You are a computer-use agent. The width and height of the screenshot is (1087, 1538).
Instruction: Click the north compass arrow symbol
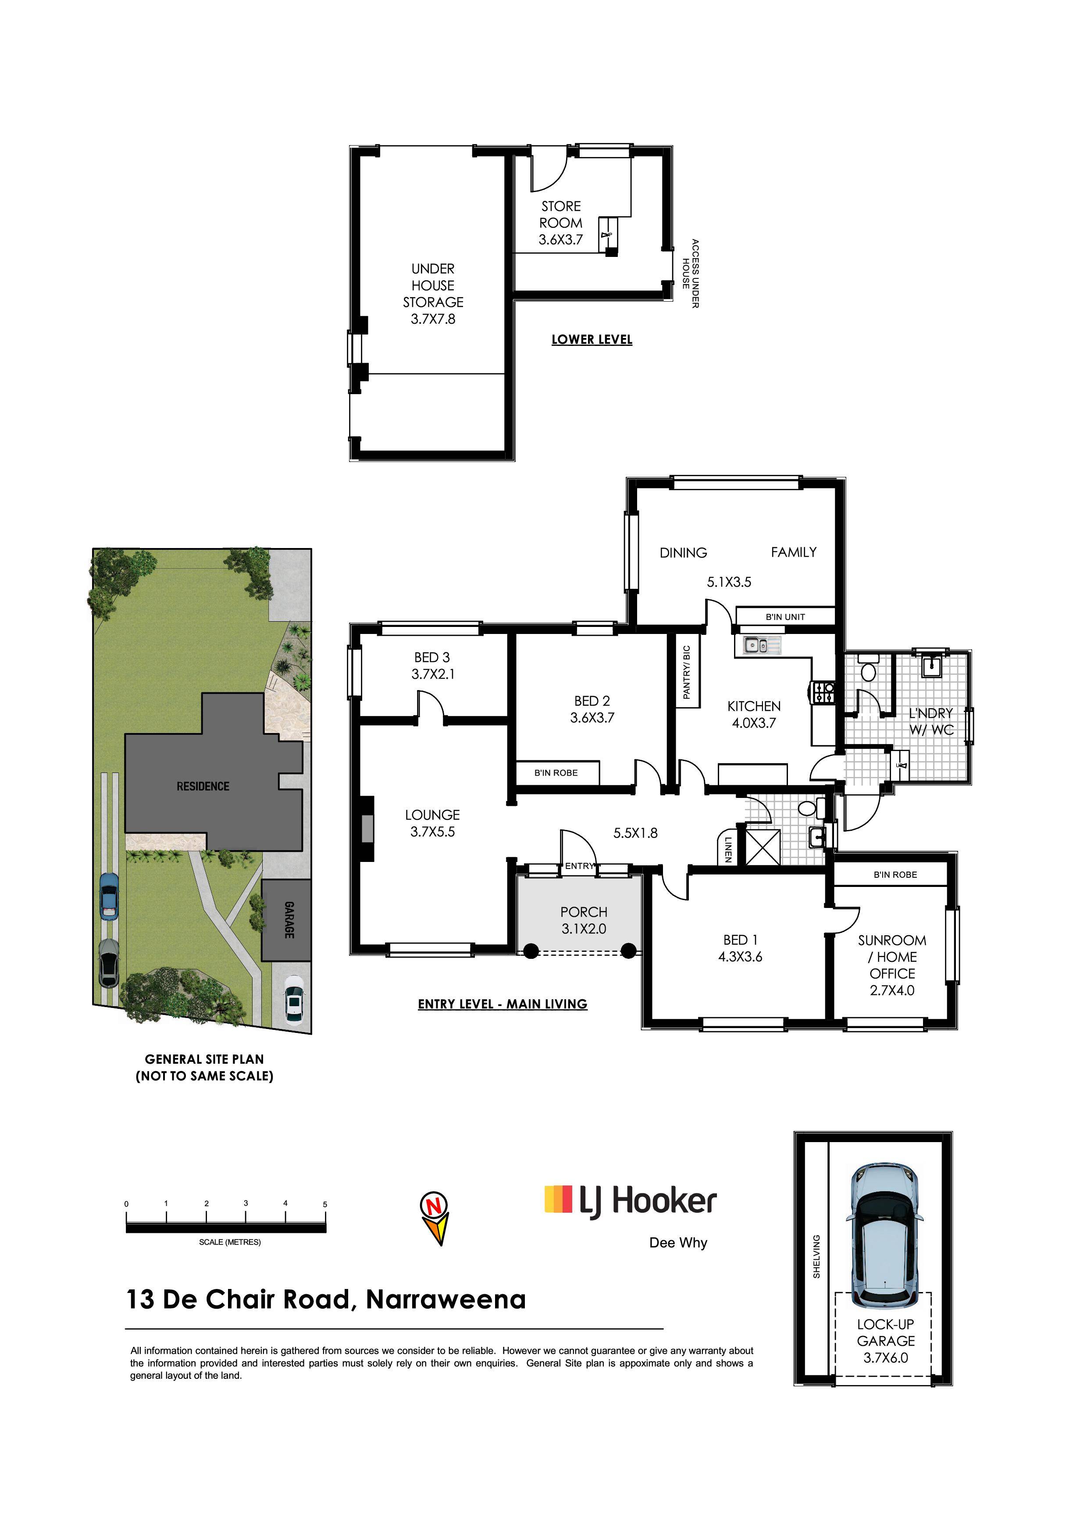[x=435, y=1218]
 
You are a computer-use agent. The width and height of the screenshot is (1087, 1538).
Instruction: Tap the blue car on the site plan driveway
[x=108, y=896]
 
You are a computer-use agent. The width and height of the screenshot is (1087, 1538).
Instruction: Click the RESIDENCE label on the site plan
[x=203, y=787]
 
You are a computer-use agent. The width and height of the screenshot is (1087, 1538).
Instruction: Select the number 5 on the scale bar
[x=325, y=1204]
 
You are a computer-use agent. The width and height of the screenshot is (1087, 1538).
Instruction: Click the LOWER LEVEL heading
[x=592, y=340]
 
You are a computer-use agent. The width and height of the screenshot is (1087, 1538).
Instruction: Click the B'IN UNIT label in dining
[x=785, y=617]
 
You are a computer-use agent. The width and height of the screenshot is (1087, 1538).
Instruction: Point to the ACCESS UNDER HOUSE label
[x=691, y=273]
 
